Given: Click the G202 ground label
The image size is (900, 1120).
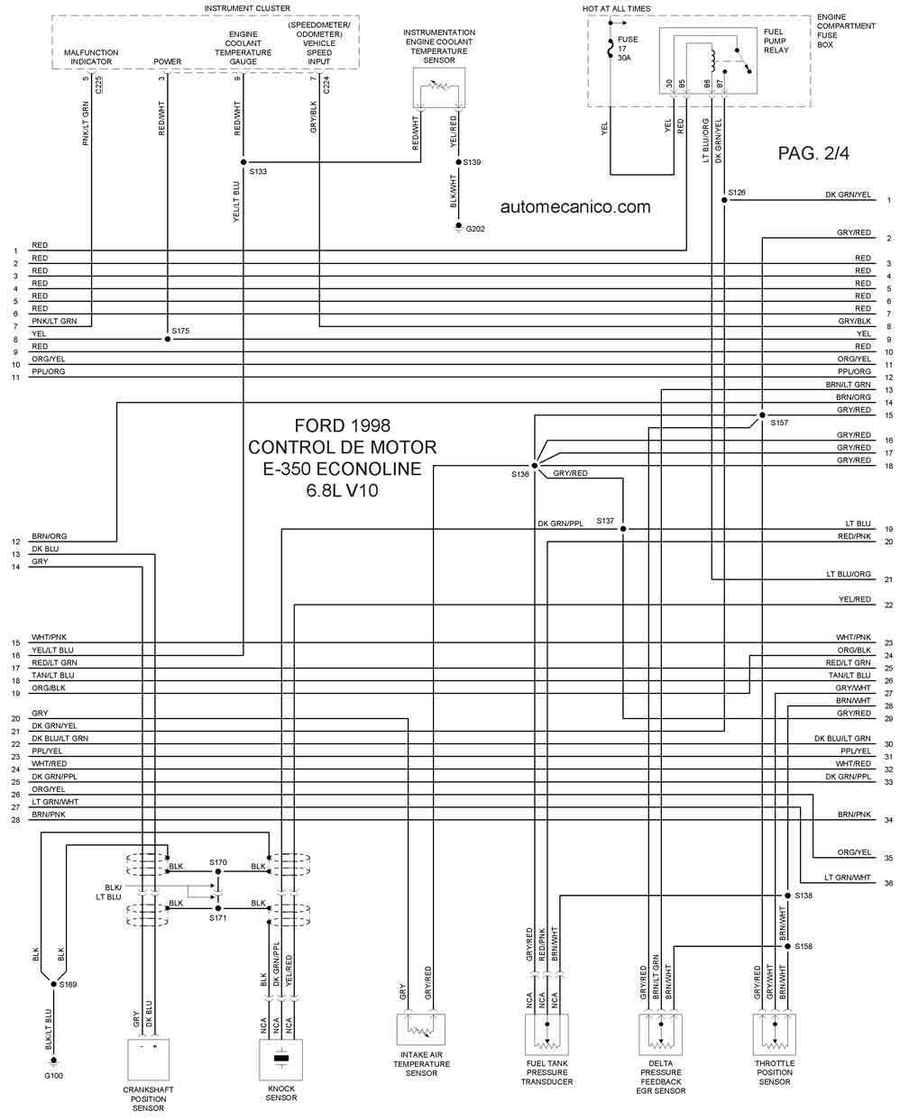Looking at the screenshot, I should tap(475, 229).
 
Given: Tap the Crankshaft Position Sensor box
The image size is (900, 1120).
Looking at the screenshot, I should tap(149, 1060).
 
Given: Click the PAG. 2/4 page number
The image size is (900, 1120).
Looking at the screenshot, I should tap(813, 153).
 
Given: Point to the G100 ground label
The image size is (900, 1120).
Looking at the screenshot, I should tap(54, 1076).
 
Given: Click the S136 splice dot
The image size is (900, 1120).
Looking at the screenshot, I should tap(534, 466).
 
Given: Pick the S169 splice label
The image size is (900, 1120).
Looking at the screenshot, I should tap(69, 985).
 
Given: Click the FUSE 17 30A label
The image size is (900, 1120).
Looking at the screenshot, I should tap(628, 49).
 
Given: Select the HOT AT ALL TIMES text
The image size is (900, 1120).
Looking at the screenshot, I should tap(616, 8).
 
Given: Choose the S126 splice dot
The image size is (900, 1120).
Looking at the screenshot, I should tap(724, 200).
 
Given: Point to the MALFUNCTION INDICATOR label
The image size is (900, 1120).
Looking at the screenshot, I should tap(91, 58).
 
